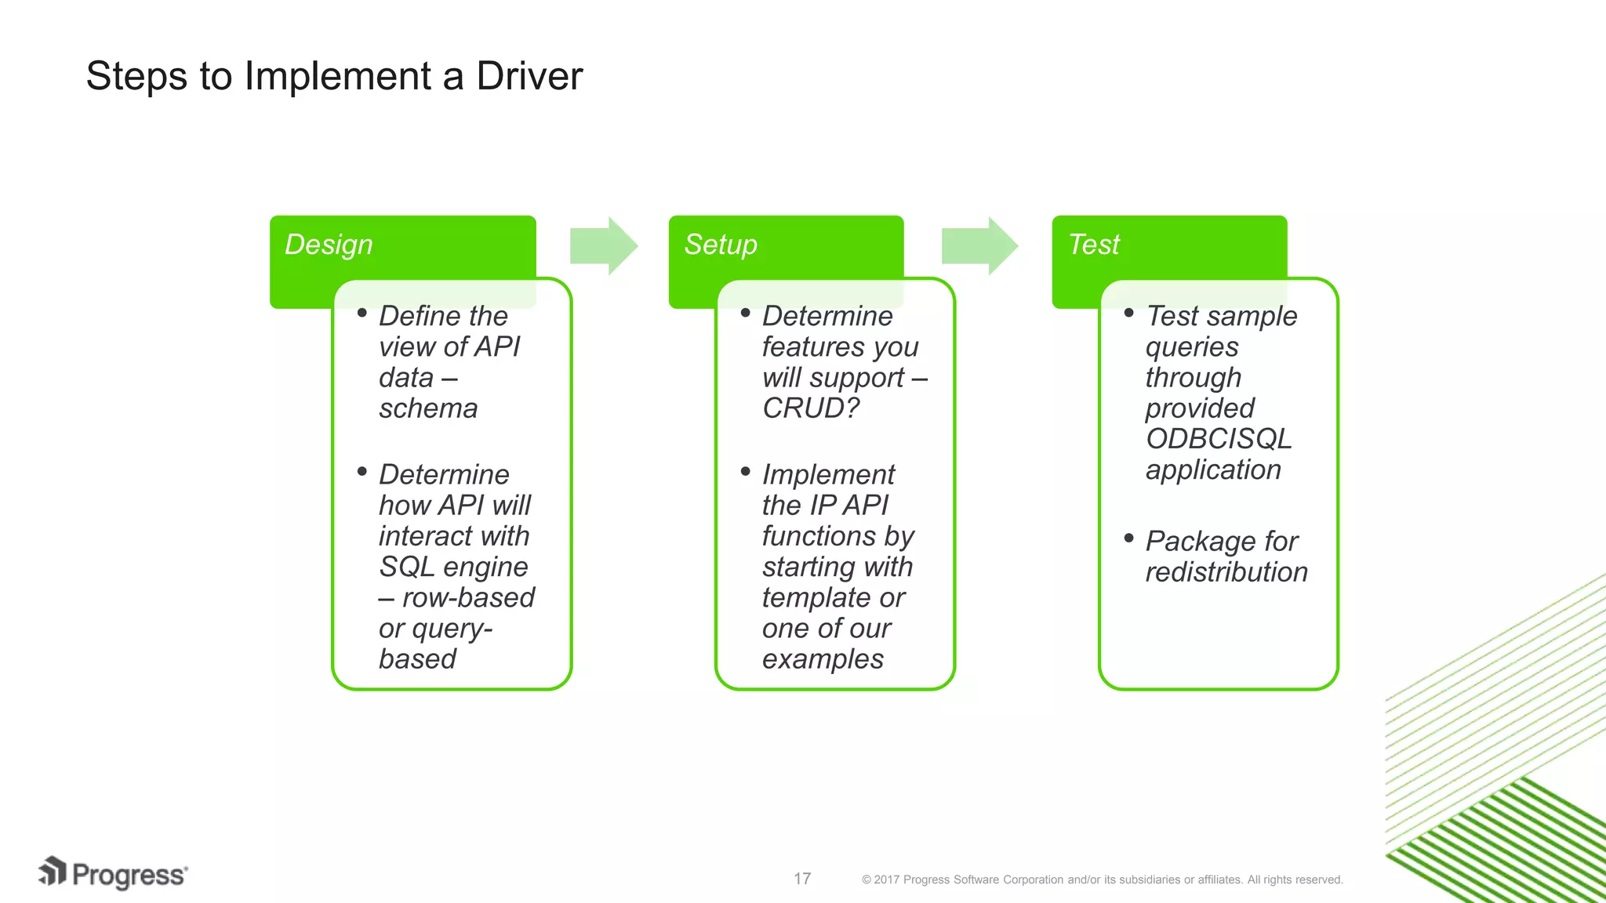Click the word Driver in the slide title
click(529, 77)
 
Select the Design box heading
click(329, 245)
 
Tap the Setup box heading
click(721, 245)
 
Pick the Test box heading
click(1094, 245)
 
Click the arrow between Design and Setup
click(603, 246)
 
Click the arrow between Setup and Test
click(979, 246)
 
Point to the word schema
click(428, 408)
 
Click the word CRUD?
click(811, 408)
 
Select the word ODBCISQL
click(1218, 439)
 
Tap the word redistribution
click(1226, 572)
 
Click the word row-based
click(468, 598)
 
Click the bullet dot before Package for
click(1128, 538)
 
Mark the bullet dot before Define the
click(362, 313)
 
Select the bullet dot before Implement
click(745, 471)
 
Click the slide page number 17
click(801, 879)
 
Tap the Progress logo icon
click(53, 872)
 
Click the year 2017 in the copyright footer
click(886, 880)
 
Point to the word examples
click(823, 659)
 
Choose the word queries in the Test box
click(1192, 347)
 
